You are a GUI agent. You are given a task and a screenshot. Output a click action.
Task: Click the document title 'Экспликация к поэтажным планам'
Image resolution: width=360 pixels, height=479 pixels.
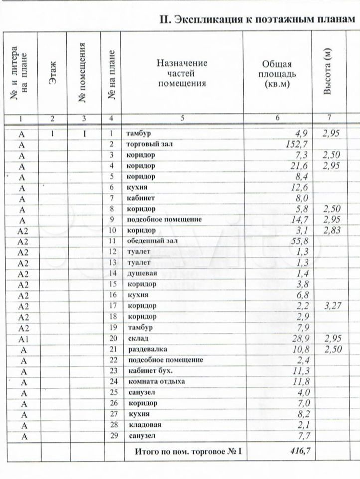coord(257,19)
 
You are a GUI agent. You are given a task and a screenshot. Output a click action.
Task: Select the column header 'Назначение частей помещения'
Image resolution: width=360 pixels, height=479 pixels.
coord(182,73)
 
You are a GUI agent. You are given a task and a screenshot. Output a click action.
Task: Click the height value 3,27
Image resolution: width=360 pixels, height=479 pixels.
coord(332,306)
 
